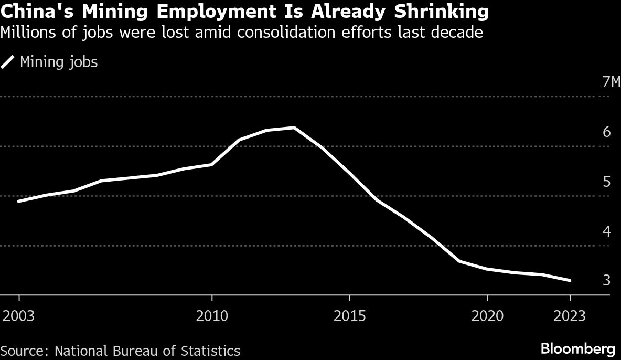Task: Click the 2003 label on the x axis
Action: (x=19, y=316)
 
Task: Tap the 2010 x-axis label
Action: (x=212, y=316)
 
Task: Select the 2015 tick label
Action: (x=350, y=316)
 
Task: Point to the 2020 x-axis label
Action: (x=488, y=316)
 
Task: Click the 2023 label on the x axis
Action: (x=570, y=316)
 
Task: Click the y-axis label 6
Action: (x=606, y=132)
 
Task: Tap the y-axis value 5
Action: (x=606, y=182)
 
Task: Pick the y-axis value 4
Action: (x=606, y=231)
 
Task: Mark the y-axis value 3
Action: (x=606, y=281)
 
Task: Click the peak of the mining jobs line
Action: (x=294, y=128)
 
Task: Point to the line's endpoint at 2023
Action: (x=570, y=281)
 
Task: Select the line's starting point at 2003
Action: (x=19, y=201)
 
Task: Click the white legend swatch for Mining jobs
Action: (x=8, y=62)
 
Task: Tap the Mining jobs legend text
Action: (x=59, y=62)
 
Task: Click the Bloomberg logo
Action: (x=577, y=348)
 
